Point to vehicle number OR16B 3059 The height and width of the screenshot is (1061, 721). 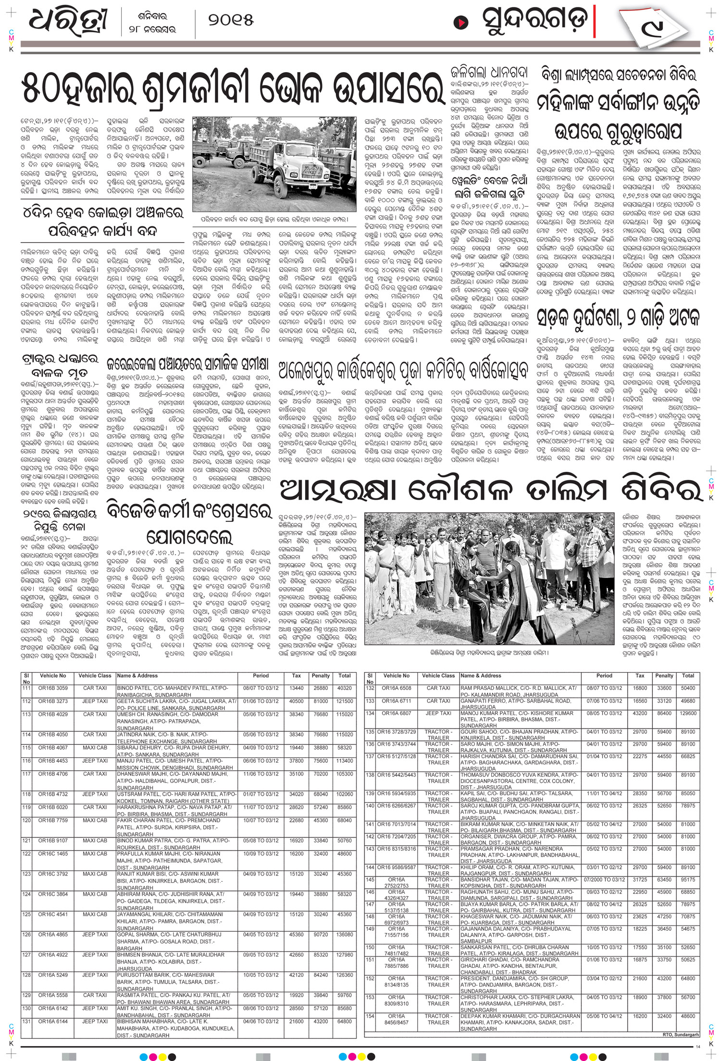(53, 688)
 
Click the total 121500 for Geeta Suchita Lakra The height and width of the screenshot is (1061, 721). (344, 701)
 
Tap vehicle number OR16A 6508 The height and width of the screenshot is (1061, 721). (397, 688)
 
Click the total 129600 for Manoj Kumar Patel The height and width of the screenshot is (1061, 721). (688, 714)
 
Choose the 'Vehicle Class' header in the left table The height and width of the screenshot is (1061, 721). (95, 676)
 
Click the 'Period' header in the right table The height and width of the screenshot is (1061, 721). (604, 676)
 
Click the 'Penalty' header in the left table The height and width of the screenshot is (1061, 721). (321, 676)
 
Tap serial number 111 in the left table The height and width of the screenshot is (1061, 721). (26, 688)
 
